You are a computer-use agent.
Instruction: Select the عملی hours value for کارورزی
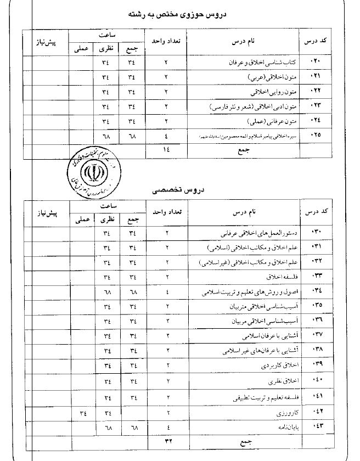pyautogui.click(x=83, y=411)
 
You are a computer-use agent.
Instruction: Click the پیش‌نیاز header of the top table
pyautogui.click(x=43, y=42)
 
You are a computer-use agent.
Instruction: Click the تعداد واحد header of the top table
pyautogui.click(x=166, y=41)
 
